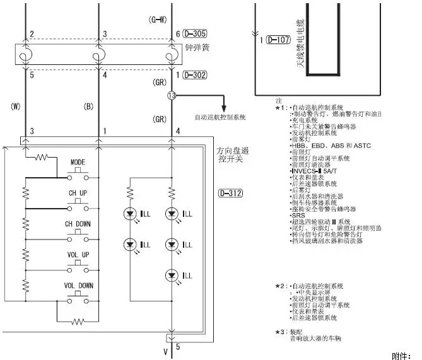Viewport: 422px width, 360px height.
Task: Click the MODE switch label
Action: pyautogui.click(x=78, y=162)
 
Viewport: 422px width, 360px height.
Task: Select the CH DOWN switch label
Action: pyautogui.click(x=79, y=224)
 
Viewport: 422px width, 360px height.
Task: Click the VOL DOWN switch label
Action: pyautogui.click(x=79, y=286)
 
